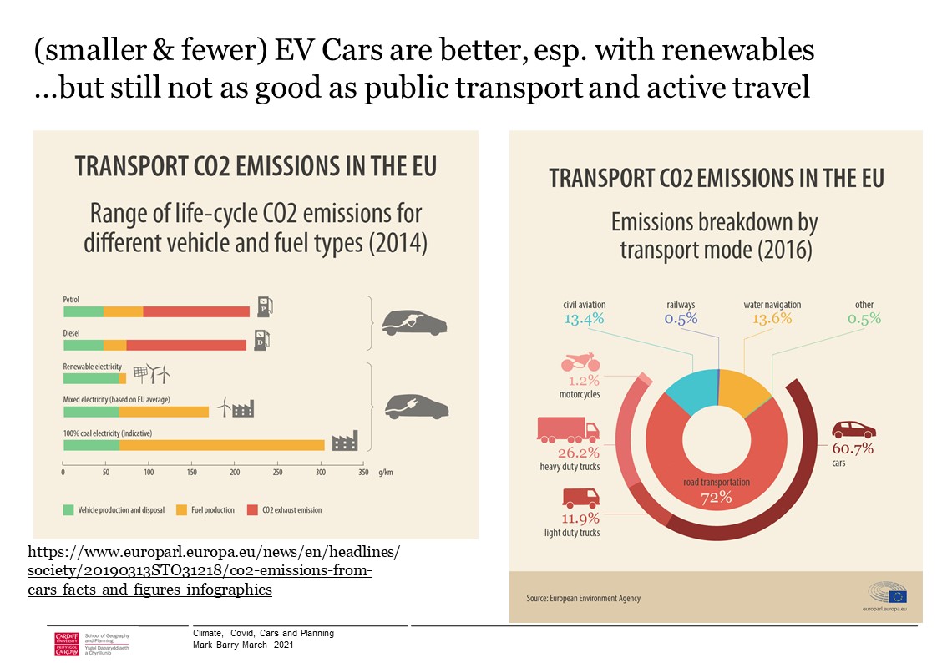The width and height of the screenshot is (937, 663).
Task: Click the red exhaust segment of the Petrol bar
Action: click(x=196, y=311)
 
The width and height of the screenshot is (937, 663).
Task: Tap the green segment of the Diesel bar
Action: click(x=84, y=344)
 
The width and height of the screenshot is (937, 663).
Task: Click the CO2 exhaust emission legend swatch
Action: click(x=252, y=510)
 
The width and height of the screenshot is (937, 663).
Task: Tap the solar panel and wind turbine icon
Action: click(x=152, y=373)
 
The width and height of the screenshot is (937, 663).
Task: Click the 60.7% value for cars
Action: click(x=852, y=448)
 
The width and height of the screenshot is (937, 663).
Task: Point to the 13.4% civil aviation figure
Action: click(x=584, y=319)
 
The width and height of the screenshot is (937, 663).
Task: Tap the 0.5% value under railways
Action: click(x=681, y=319)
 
